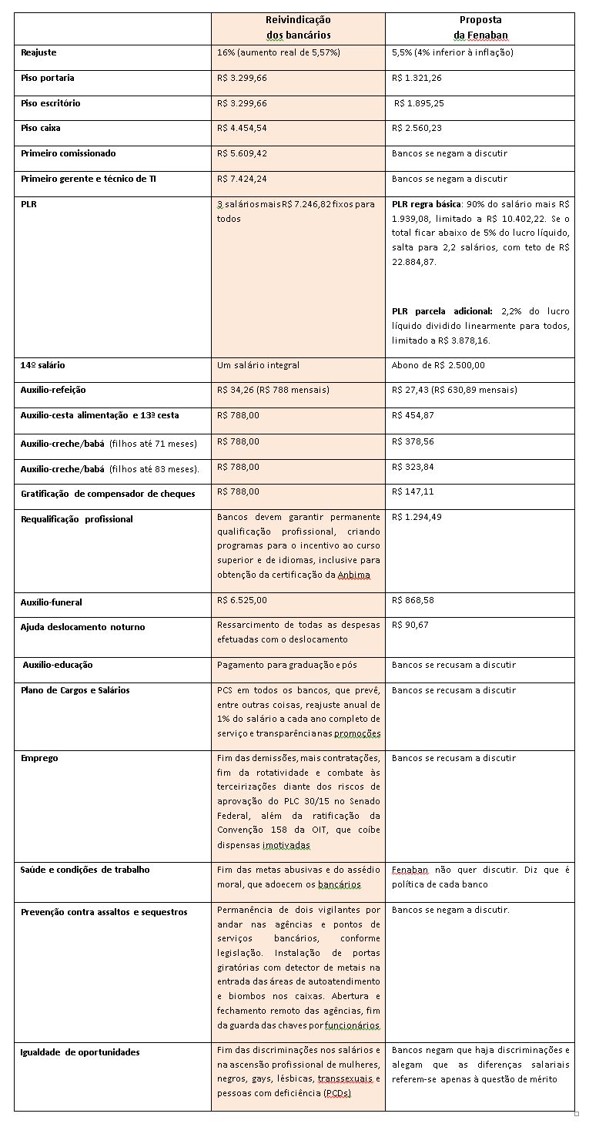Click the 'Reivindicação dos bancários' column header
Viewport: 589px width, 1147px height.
tap(298, 27)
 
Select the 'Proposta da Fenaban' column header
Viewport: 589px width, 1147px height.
tap(480, 27)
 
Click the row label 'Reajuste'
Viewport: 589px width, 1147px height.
tap(38, 52)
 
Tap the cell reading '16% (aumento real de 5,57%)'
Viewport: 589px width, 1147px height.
tap(279, 52)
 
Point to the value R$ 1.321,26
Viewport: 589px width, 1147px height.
tap(417, 78)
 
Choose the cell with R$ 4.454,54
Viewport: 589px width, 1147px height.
tap(243, 128)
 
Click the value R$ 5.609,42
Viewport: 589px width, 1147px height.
tap(243, 153)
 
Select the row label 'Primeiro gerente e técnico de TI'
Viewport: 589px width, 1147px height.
tap(89, 179)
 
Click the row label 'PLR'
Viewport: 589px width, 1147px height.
tap(28, 204)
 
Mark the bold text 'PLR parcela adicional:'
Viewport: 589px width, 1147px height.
tap(442, 311)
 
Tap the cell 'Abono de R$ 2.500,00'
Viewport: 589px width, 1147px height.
tap(438, 365)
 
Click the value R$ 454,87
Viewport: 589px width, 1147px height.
tap(413, 415)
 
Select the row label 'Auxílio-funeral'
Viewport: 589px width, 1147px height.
tap(52, 602)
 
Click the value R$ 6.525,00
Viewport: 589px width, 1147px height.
tap(243, 599)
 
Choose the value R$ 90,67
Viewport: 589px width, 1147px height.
tap(410, 625)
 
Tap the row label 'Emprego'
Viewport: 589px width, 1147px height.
tap(39, 758)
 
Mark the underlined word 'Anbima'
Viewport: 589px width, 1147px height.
tap(354, 575)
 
